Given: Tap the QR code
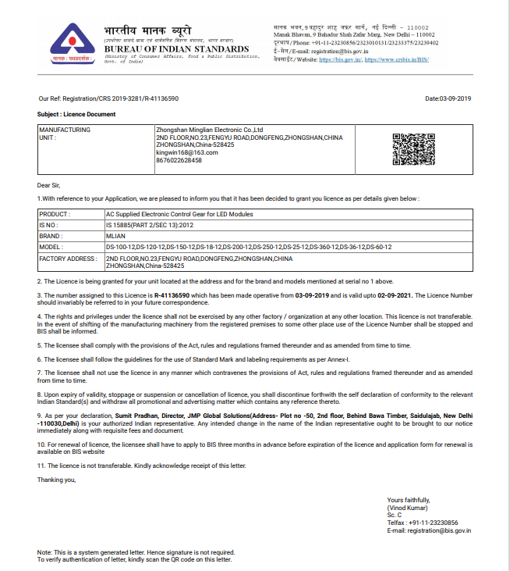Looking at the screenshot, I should [x=413, y=149].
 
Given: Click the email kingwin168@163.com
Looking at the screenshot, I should [x=187, y=152].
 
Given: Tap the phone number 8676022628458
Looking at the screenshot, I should [x=179, y=160].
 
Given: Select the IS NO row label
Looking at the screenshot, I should [x=48, y=223].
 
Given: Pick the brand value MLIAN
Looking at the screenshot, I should [x=115, y=235].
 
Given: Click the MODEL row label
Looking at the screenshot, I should [x=51, y=246].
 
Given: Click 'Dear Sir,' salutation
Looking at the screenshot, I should [x=49, y=185].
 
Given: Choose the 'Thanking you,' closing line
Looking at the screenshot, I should [x=57, y=480].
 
